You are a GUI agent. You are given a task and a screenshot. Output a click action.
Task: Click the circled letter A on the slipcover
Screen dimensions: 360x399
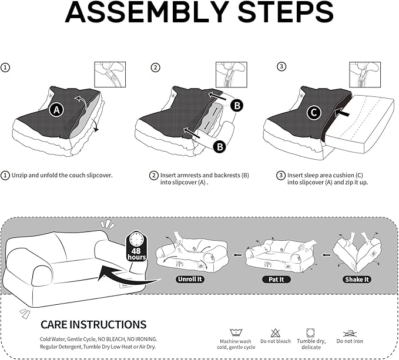(x=56, y=110)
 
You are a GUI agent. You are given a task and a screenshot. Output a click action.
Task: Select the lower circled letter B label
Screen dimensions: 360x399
(x=219, y=147)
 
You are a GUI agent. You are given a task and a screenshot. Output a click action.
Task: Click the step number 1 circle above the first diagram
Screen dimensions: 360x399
(x=5, y=67)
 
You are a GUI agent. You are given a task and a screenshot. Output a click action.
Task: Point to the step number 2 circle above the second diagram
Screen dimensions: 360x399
(x=155, y=67)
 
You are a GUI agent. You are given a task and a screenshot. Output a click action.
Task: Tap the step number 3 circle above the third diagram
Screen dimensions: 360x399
(x=281, y=67)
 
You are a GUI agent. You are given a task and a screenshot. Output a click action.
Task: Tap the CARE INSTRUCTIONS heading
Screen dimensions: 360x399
(x=93, y=324)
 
